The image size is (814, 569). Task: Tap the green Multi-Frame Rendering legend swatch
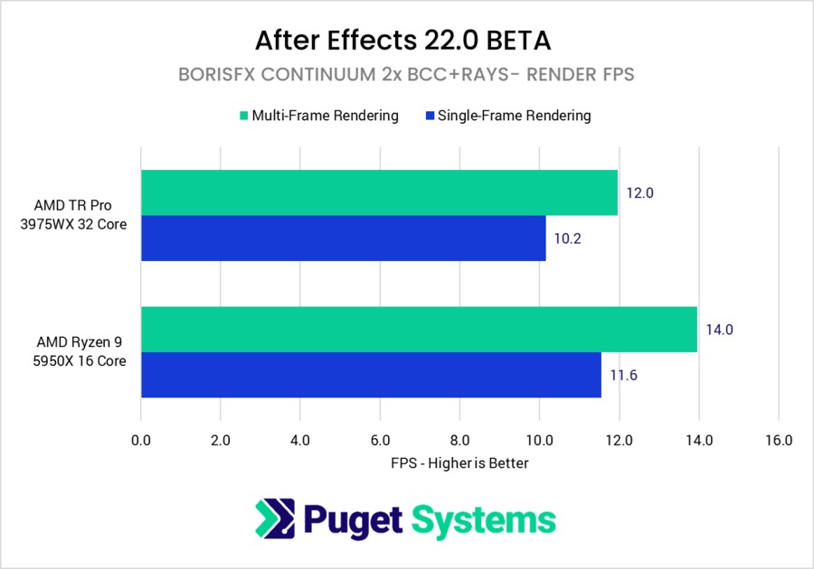point(243,116)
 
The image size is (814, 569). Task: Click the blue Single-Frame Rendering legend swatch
point(427,116)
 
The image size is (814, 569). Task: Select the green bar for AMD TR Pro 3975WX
point(379,192)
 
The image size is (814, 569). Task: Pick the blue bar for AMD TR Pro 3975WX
point(343,238)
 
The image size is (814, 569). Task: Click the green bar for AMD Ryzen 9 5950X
point(419,329)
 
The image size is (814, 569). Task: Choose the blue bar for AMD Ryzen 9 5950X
point(371,375)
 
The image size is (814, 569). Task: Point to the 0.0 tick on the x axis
point(141,441)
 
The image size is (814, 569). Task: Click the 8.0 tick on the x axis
point(459,441)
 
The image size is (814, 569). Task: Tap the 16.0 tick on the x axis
point(778,441)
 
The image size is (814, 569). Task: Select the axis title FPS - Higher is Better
point(459,463)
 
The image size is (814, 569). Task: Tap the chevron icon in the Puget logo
point(275,519)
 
